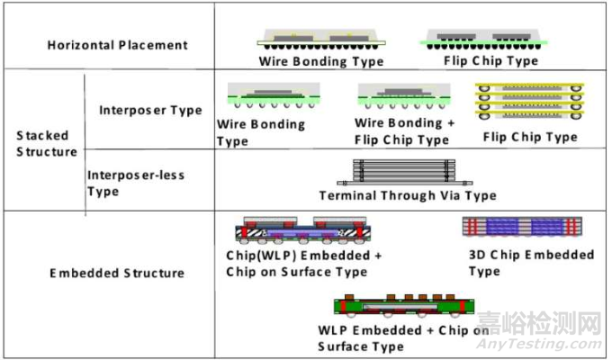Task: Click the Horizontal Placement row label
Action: coord(118,45)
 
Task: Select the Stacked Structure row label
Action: coord(47,143)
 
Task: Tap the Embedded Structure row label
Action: coord(117,273)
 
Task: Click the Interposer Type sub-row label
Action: coord(150,111)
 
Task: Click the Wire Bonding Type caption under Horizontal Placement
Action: coord(320,62)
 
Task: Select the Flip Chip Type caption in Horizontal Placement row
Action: coord(491,61)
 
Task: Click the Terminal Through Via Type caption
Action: coord(407,195)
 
